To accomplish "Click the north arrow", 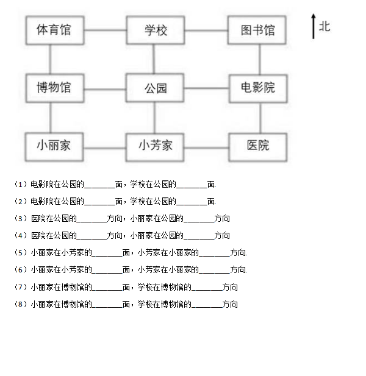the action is (x=313, y=26).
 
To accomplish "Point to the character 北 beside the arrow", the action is (x=325, y=26).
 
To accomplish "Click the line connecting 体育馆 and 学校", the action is (x=106, y=30).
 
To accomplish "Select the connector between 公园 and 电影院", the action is (x=207, y=88).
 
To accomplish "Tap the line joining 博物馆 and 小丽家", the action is (x=51, y=118).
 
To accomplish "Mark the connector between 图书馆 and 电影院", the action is (x=260, y=60).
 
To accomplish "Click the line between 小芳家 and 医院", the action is (x=206, y=147).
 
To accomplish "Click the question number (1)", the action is (x=20, y=184).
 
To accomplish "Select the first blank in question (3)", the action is (x=91, y=222).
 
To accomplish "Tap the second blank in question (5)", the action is (x=214, y=255).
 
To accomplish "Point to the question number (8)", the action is (x=20, y=304).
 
